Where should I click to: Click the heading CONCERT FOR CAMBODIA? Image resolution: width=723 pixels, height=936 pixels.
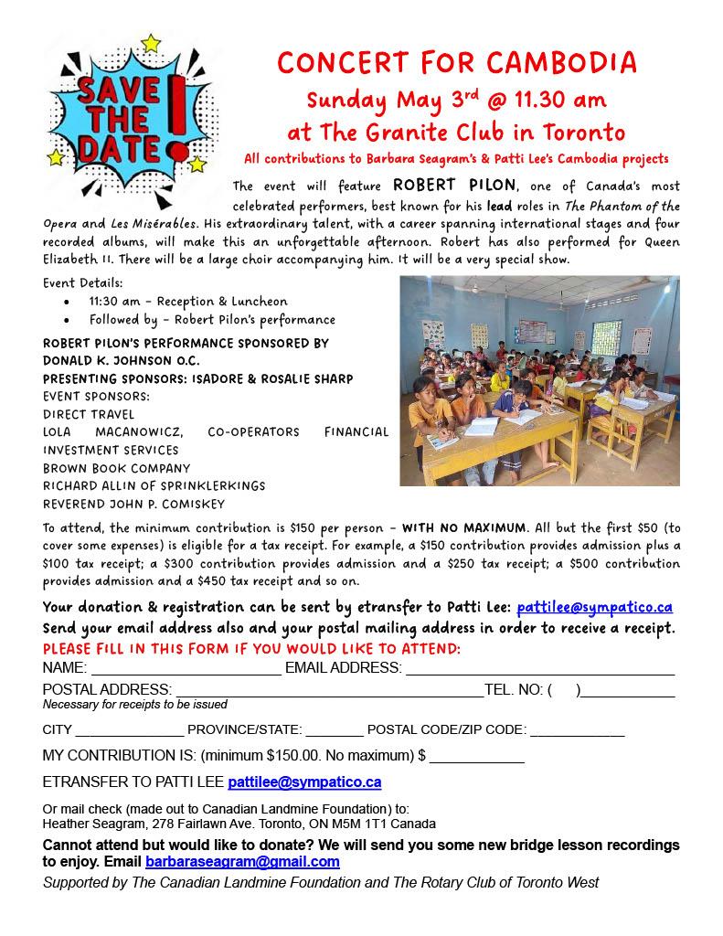point(457,63)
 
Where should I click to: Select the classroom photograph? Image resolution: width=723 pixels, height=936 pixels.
point(539,380)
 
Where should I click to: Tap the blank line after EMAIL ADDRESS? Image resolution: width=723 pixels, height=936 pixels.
point(539,669)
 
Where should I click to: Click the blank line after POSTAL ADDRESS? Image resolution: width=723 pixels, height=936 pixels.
point(329,691)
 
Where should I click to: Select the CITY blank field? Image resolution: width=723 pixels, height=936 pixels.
point(130,731)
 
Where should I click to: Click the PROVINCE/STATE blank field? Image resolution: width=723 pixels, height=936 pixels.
point(334,731)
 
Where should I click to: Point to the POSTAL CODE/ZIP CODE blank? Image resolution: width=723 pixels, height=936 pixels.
point(578,731)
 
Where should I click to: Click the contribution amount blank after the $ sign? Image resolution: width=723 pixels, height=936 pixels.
point(477,758)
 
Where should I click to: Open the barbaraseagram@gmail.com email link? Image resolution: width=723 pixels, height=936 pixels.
point(242,862)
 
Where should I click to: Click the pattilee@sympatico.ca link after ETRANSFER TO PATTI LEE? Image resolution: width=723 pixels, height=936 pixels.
point(304,782)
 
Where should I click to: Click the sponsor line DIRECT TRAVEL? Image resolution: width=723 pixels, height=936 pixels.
point(89,414)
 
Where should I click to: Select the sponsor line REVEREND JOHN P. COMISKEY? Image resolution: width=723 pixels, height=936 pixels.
point(133,504)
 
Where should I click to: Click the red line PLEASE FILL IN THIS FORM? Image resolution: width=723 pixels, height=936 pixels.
point(252,649)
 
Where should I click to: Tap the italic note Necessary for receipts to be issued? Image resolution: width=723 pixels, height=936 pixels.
point(135,705)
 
